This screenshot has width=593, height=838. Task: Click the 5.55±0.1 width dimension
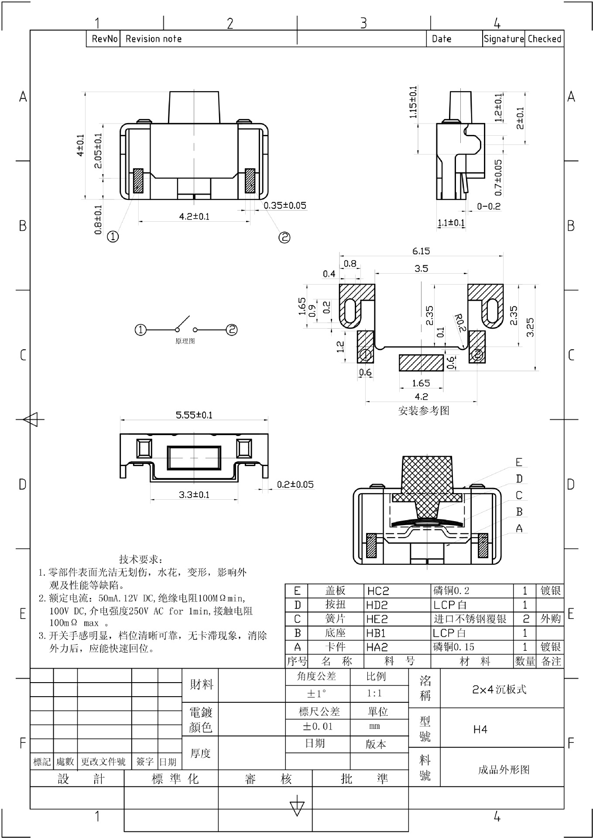194,415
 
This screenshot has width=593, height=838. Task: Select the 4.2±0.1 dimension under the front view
194,216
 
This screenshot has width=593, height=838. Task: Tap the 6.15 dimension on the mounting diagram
421,251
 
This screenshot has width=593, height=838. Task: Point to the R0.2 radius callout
460,323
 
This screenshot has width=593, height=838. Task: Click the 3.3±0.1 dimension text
194,495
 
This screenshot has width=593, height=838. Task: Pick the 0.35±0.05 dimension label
285,206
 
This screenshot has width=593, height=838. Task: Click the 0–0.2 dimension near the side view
489,206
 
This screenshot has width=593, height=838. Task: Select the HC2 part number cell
378,591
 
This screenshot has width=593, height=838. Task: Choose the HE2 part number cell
377,619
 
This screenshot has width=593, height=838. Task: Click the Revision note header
154,39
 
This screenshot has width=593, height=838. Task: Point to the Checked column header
544,39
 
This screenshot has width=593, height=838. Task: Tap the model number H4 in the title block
480,729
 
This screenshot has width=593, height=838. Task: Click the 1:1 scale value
374,693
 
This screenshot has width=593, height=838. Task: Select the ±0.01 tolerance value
317,726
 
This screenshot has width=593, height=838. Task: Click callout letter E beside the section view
519,462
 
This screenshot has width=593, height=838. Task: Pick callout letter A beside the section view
519,529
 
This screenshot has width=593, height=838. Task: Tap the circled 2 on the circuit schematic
232,330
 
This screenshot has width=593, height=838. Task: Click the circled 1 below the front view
113,237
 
